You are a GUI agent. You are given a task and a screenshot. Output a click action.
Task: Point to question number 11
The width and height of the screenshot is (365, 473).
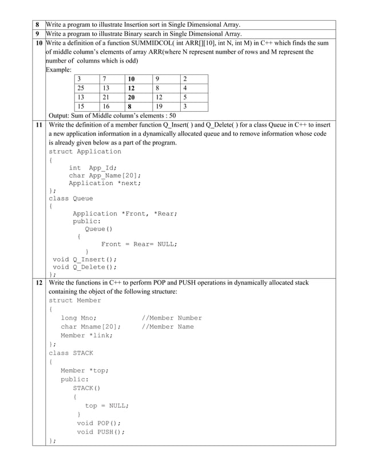pos(38,124)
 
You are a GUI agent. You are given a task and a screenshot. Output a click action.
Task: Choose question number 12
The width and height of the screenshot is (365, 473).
pos(38,283)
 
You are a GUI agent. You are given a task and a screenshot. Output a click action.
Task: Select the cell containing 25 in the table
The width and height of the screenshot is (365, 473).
pos(82,88)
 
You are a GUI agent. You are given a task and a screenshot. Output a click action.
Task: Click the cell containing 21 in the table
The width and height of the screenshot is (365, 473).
pos(107,97)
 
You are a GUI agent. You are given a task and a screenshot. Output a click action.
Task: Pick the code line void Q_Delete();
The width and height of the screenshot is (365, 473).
pos(85,267)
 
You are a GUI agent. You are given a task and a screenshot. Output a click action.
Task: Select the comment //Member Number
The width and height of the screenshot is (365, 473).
pos(172,318)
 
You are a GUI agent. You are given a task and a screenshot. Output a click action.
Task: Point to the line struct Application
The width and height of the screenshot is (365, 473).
pos(85,152)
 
